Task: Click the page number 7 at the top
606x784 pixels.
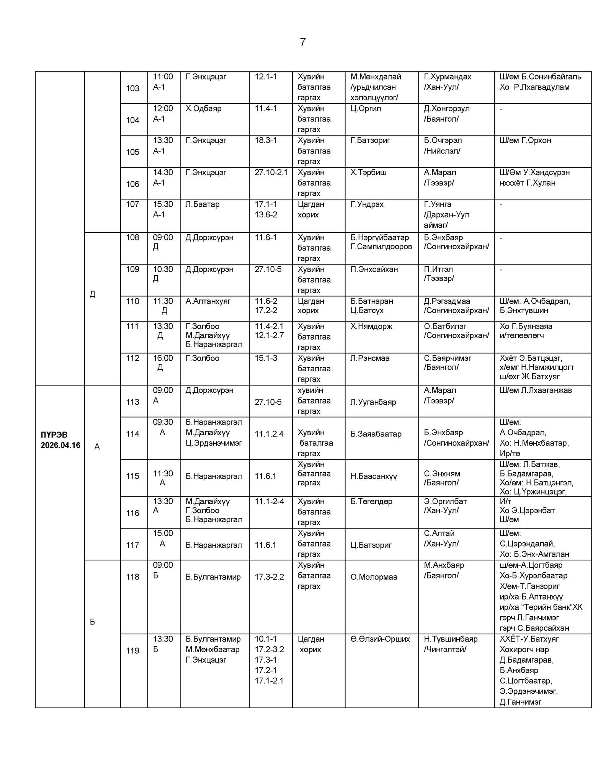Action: pos(303,42)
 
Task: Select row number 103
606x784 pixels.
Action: pos(132,88)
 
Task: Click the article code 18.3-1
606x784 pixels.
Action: pos(266,140)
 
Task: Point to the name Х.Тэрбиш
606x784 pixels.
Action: pos(368,173)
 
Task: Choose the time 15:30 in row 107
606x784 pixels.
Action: pos(163,204)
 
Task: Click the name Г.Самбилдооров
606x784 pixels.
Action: pos(381,247)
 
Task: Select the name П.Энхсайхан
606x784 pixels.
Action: pos(374,269)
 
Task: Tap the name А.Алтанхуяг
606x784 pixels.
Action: pos(208,301)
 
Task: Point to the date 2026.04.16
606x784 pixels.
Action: pos(60,445)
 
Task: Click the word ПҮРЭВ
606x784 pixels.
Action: pos(54,435)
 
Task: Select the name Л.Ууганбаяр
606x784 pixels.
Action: pos(373,402)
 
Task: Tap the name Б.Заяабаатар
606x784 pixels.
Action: pos(376,434)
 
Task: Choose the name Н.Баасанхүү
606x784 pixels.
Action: pos(374,476)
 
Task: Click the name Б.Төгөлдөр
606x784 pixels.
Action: pos(371,501)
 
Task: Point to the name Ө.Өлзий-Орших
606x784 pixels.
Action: pos(380,639)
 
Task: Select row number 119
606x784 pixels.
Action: pos(132,650)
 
